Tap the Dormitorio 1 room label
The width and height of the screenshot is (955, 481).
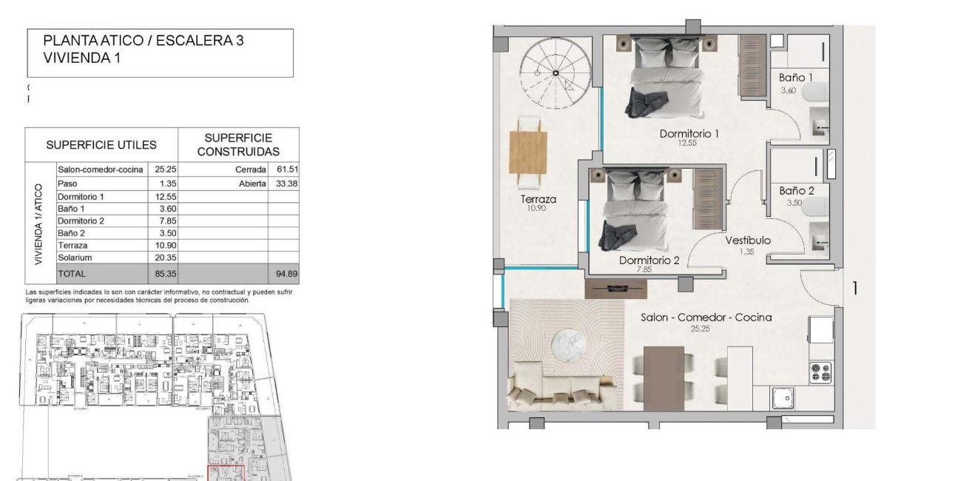(689, 134)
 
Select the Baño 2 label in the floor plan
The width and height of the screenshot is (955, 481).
(796, 191)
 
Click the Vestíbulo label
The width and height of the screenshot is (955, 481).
(747, 240)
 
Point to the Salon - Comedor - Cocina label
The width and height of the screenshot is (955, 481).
(706, 317)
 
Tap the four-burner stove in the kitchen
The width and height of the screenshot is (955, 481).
(820, 372)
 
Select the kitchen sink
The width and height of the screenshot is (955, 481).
(783, 399)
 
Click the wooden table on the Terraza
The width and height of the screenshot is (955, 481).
(528, 152)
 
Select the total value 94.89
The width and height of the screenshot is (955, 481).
(285, 274)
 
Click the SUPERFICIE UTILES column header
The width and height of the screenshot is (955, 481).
(101, 145)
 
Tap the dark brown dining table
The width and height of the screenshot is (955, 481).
(664, 377)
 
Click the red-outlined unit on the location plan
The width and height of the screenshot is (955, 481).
(226, 473)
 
